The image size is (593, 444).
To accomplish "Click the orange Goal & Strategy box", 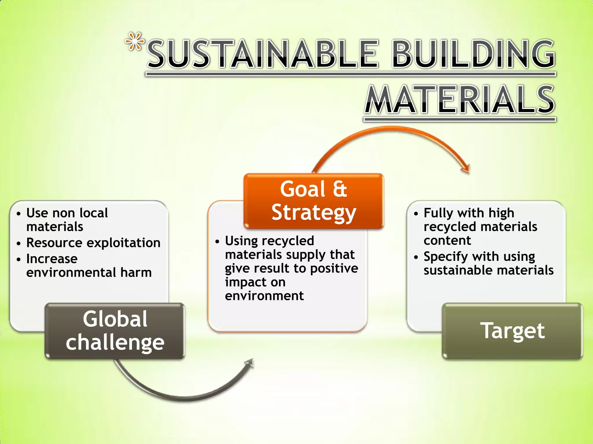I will coord(314,201).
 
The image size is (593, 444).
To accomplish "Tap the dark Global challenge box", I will coord(115,331).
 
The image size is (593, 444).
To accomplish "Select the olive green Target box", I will coord(512,331).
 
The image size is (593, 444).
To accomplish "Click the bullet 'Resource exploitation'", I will coord(93,243).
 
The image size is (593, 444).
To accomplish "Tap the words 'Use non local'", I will coord(67,213).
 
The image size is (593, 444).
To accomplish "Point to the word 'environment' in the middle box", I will coord(264,296).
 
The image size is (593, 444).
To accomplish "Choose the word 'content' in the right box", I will coord(447,240).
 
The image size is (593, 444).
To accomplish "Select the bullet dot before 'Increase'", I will coord(19,259).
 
